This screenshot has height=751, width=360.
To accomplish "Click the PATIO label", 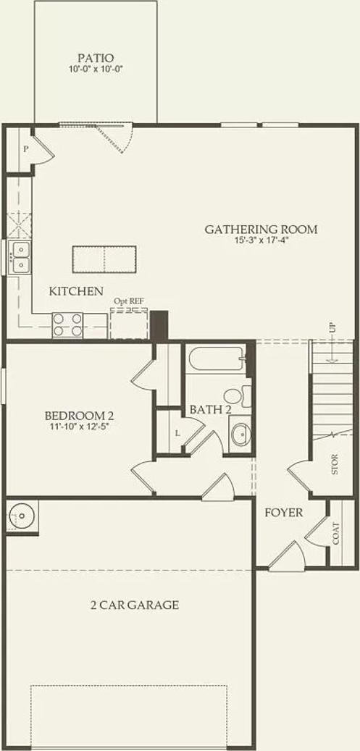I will click(96, 58).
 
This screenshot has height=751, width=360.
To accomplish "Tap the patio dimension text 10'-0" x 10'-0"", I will click(96, 70).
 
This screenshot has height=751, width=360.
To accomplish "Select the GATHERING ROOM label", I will click(261, 230).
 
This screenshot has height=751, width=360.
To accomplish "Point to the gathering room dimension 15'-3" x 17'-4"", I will click(261, 241).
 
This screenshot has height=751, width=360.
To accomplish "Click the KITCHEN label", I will click(76, 291).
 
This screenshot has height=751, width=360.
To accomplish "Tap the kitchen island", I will click(104, 257).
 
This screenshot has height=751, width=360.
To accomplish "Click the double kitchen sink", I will click(20, 258).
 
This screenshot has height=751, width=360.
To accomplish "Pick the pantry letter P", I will click(25, 149).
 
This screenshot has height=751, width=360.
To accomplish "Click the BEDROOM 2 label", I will click(79, 416).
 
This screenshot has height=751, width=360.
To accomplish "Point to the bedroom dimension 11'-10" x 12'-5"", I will click(79, 427).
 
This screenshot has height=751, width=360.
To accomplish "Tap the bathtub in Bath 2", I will click(215, 360).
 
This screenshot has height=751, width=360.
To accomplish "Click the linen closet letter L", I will click(177, 433).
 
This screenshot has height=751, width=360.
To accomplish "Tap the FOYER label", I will click(283, 513).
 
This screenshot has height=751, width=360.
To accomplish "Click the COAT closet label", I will click(337, 535).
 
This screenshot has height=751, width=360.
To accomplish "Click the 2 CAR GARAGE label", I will click(134, 605).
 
